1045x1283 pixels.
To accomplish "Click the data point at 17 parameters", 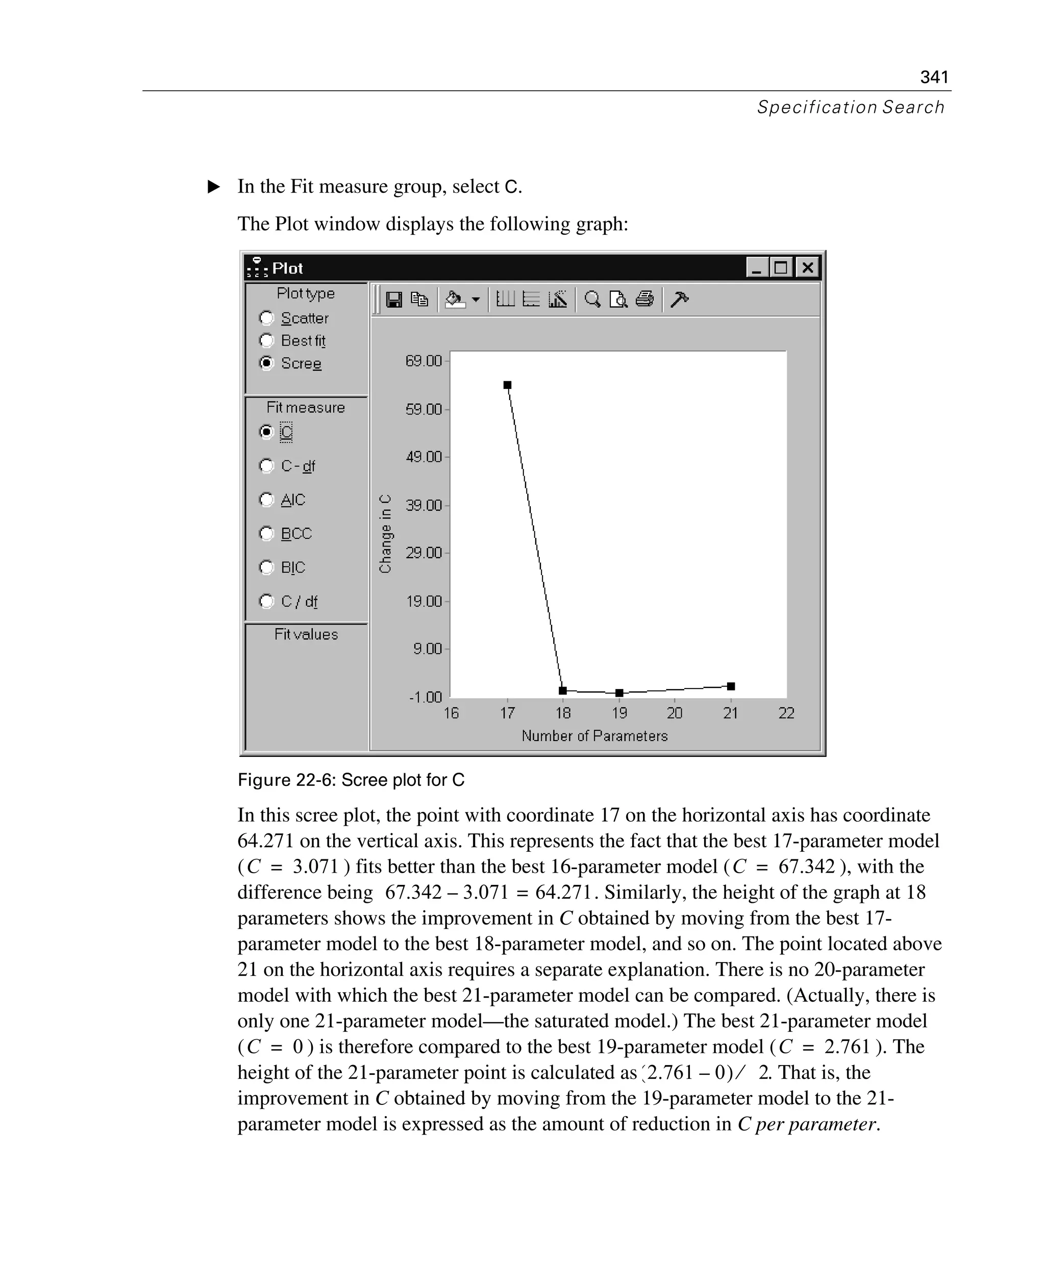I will [508, 385].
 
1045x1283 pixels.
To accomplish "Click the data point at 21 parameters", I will [731, 686].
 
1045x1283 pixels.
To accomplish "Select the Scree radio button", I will [266, 363].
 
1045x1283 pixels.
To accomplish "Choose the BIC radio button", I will [266, 567].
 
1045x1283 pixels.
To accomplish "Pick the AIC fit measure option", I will [266, 500].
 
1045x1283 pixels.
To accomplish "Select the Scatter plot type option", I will [266, 318].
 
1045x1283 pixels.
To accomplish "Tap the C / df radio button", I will [266, 601].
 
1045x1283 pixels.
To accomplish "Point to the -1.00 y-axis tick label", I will [425, 697].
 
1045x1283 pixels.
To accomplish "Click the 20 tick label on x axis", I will [674, 713].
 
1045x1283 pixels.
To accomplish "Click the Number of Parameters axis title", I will [594, 736].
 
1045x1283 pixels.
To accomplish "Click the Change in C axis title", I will [385, 533].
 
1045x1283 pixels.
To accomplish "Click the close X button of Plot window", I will [808, 267].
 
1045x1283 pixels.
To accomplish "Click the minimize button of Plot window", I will [756, 267].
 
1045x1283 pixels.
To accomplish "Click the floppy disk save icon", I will [394, 299].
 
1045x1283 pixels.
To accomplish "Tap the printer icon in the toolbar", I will [644, 299].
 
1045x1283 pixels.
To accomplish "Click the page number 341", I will [934, 77].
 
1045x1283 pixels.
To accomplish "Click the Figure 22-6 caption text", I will [351, 780].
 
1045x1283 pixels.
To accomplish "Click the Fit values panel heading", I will [306, 634].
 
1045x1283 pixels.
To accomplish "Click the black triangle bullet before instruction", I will [214, 187].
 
